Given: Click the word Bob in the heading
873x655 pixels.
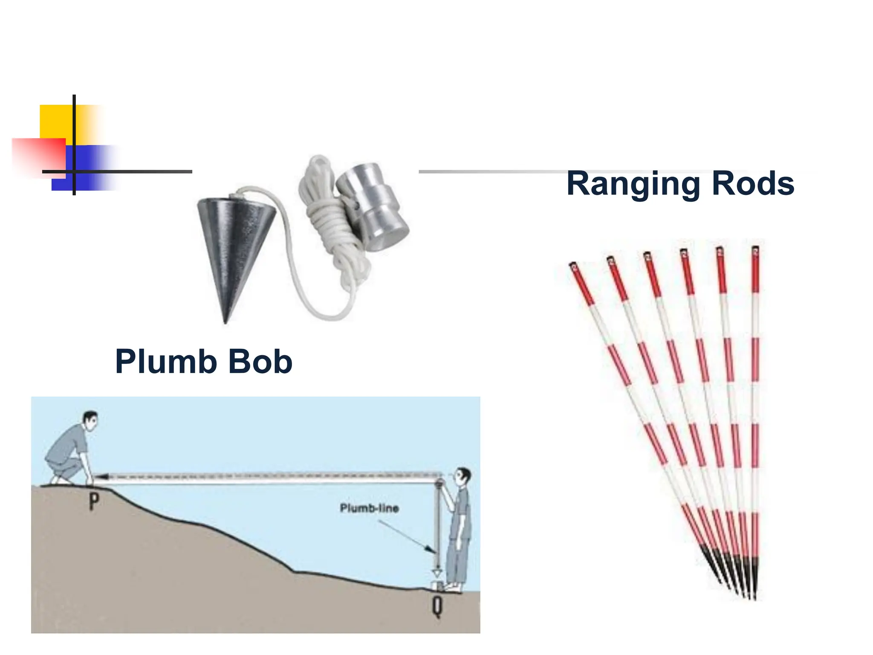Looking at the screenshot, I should click(260, 362).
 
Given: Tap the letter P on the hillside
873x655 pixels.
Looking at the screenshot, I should click(94, 501).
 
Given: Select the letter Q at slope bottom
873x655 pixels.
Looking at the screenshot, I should click(437, 606).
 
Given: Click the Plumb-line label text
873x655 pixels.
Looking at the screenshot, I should click(369, 508).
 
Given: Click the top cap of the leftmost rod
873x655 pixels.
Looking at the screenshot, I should click(573, 267).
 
